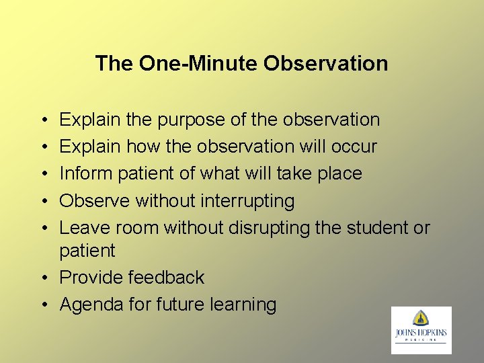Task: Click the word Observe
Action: [x=95, y=200]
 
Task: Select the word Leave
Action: [x=85, y=227]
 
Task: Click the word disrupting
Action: [x=269, y=227]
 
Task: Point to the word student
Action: [x=376, y=227]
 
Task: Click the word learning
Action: [x=243, y=305]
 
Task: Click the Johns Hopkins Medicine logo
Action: [x=421, y=330]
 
